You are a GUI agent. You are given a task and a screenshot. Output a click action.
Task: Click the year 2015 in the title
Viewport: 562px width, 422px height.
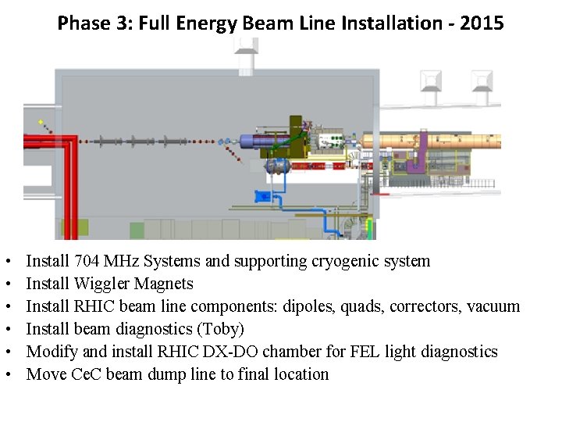482,23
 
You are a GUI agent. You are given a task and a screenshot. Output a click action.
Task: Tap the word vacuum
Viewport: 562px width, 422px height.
493,306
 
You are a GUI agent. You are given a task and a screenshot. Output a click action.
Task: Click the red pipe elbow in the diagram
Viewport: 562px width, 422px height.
69,141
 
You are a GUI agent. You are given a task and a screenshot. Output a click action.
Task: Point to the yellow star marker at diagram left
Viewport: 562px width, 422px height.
41,123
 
